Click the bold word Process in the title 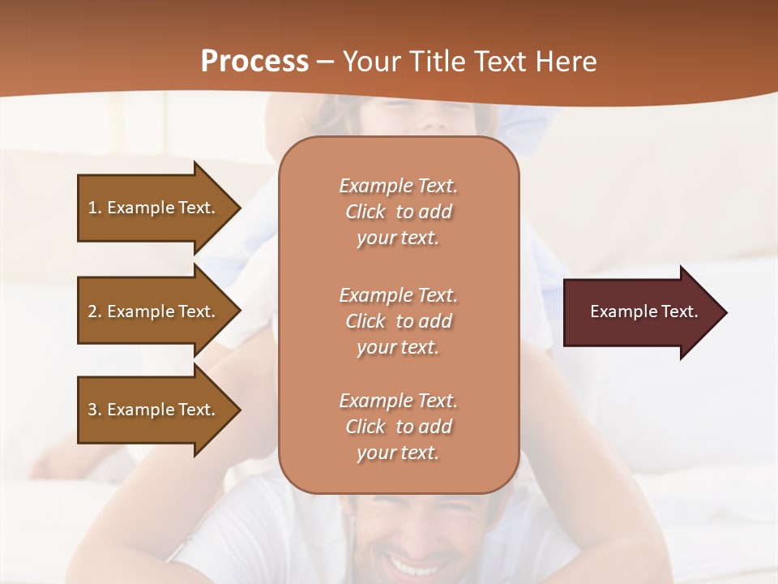point(254,62)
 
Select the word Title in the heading point(438,62)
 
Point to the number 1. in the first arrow point(95,208)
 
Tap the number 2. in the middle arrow point(95,311)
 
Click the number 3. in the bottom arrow point(95,410)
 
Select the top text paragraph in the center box point(398,212)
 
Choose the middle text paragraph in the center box point(398,321)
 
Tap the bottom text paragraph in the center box point(398,427)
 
